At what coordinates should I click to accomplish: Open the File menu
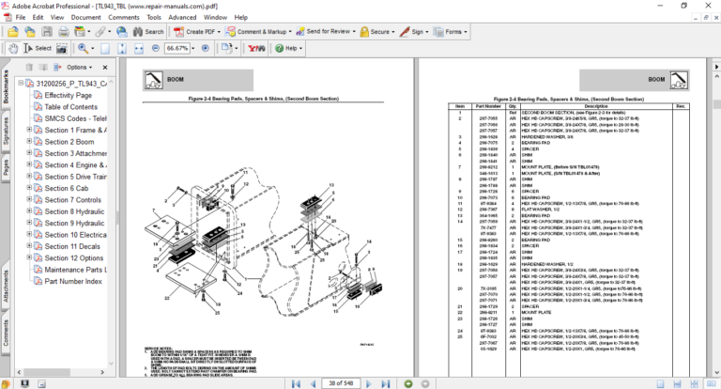[x=20, y=17]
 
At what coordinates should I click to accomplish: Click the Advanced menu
[x=182, y=17]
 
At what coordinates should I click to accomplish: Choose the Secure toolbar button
[x=379, y=31]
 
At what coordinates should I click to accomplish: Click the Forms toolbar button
[x=453, y=31]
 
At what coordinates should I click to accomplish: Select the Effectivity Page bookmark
[x=68, y=95]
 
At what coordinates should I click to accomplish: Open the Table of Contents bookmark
[x=70, y=107]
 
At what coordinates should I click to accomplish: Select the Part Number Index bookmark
[x=73, y=281]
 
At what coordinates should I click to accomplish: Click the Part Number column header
[x=487, y=106]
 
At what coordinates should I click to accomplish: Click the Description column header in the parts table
[x=596, y=106]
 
